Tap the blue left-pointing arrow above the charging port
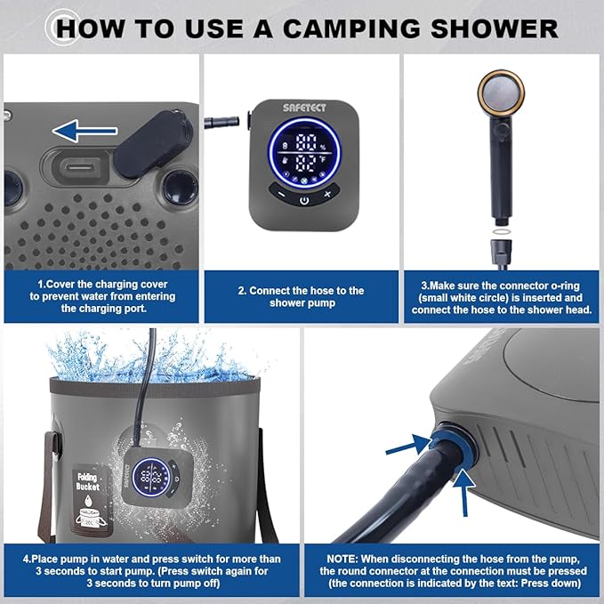coord(85,133)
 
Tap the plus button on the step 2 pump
coord(327,194)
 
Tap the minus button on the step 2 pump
coord(280,194)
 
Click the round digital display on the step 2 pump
coord(304,152)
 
